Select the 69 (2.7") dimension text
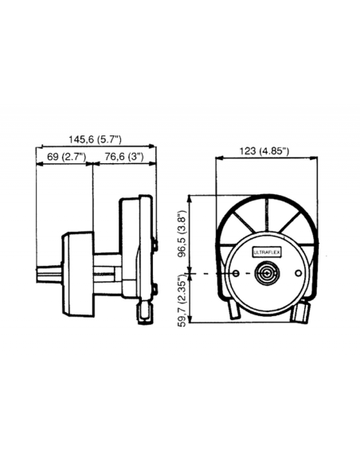(x=67, y=157)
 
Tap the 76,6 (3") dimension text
(x=123, y=157)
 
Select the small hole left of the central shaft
(x=237, y=273)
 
